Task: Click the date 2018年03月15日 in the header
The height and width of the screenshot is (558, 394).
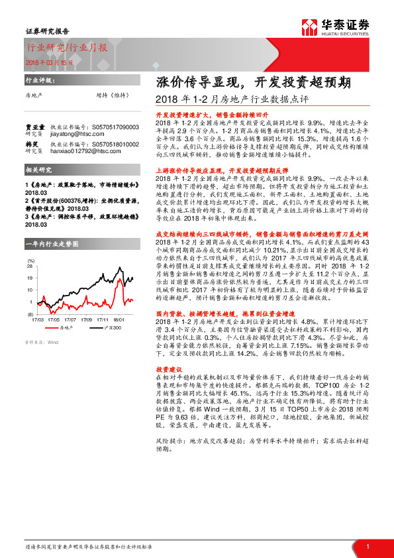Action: pos(46,61)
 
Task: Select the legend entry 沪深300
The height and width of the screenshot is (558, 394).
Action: pos(101,327)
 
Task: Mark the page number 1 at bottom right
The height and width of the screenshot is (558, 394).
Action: pos(367,546)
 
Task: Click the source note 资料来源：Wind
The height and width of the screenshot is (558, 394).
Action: pos(41,343)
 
